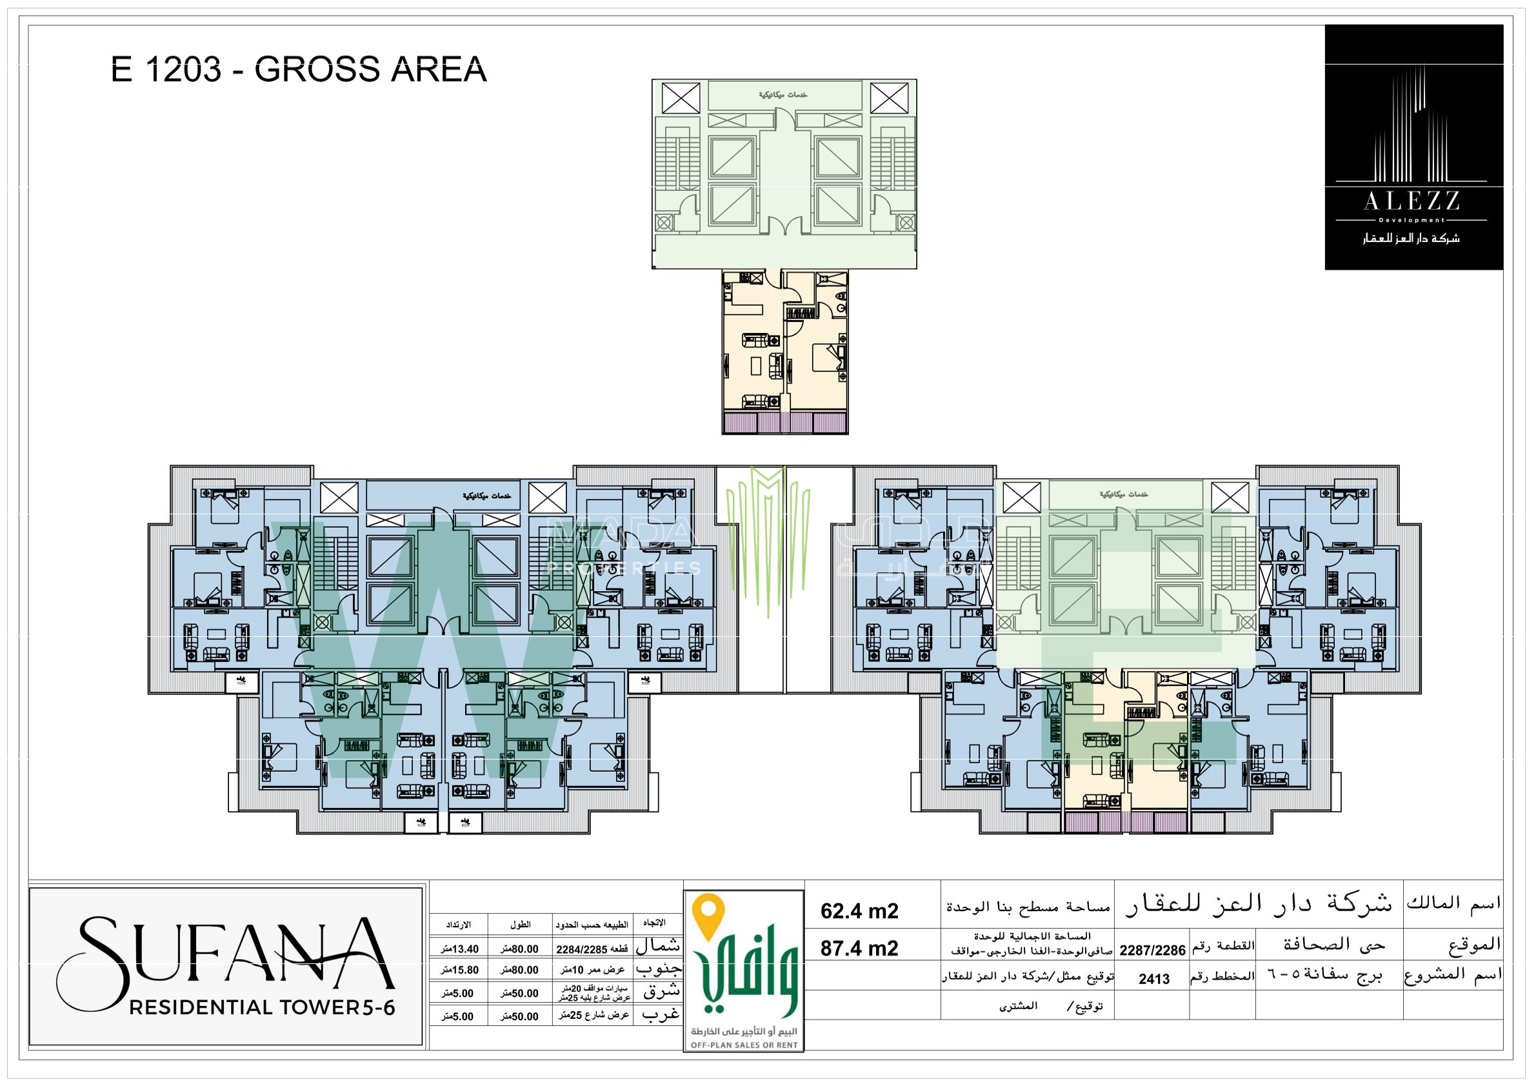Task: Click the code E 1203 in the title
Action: pos(165,70)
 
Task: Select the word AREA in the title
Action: pos(438,70)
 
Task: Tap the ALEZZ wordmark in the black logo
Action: pos(1411,201)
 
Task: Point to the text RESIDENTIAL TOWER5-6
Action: pos(263,1008)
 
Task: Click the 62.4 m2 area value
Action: pos(859,911)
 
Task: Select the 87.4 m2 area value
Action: pos(859,949)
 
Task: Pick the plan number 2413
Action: pos(1154,980)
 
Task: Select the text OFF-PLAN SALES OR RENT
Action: pos(744,1045)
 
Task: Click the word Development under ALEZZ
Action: pos(1411,220)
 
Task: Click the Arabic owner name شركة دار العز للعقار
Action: pos(1258,905)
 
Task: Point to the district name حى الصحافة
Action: pos(1334,945)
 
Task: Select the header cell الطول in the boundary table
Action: pos(520,925)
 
